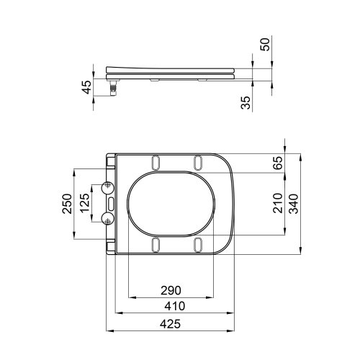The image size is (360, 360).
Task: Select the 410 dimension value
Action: [x=171, y=306]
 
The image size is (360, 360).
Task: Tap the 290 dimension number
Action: [x=171, y=290]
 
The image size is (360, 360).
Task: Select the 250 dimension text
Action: [x=66, y=204]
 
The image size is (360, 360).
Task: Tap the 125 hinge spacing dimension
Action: [x=84, y=204]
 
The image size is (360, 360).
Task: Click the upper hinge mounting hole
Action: [x=109, y=188]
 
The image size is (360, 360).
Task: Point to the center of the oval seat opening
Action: [x=173, y=204]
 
